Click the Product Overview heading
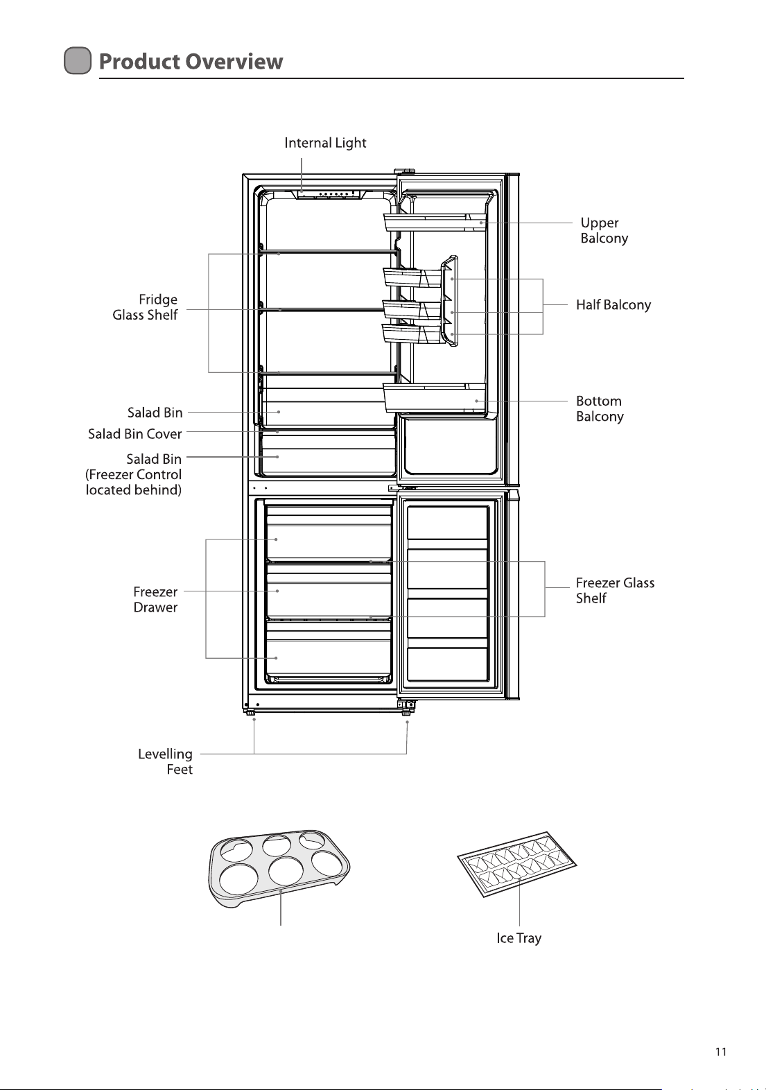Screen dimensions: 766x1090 point(191,61)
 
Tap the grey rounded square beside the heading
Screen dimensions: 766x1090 point(78,61)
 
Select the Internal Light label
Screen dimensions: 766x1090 point(325,143)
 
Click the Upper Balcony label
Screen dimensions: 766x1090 point(604,231)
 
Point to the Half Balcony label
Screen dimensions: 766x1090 point(613,305)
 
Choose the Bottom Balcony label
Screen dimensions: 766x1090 point(600,409)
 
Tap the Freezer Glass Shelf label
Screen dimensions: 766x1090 point(615,590)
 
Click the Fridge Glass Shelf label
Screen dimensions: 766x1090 point(145,307)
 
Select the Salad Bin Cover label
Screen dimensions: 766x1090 point(134,433)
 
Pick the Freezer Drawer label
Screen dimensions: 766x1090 point(155,600)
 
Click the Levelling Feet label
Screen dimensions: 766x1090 point(165,761)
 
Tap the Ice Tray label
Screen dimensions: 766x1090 point(519,938)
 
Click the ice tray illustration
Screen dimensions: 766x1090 point(517,864)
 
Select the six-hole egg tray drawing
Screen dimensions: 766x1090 point(279,867)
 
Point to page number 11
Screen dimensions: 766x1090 point(721,1052)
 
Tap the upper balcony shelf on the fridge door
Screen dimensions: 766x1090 point(435,222)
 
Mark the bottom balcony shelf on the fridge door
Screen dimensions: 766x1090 point(435,397)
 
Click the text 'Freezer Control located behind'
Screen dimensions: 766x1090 point(134,482)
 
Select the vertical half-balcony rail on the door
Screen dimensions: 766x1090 point(449,301)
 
